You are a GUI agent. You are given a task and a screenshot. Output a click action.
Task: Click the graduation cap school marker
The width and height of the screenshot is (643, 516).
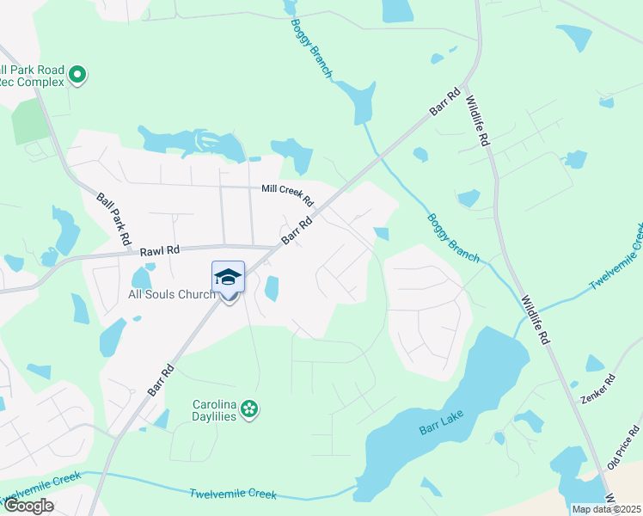(228, 277)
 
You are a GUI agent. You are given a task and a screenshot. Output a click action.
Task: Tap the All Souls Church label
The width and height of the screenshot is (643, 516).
(171, 295)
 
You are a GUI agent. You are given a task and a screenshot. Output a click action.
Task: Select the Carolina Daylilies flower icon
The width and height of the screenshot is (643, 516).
(249, 408)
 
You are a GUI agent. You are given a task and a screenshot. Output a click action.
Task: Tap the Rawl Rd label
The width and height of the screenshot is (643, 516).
(161, 250)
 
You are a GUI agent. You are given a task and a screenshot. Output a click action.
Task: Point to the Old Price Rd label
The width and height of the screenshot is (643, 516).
(625, 445)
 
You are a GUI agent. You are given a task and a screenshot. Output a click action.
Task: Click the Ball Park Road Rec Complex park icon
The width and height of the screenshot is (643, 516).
(77, 75)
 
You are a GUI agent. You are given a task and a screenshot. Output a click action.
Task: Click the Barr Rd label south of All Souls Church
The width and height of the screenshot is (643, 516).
(161, 379)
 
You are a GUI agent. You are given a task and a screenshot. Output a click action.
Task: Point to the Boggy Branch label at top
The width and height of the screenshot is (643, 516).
(310, 48)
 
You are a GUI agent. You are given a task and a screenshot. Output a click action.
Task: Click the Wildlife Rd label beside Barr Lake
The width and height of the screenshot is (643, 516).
(535, 321)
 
